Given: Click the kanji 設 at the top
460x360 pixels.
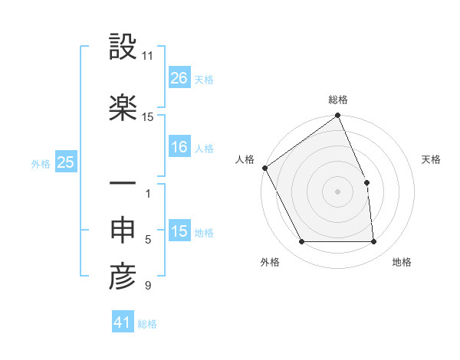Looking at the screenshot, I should click(x=123, y=48).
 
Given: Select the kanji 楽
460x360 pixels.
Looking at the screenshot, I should click(x=123, y=108).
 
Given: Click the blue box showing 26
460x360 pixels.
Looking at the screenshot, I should click(x=179, y=78).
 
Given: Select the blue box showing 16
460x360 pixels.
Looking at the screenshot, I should click(x=179, y=147).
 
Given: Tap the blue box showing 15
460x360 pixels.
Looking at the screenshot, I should click(x=179, y=231).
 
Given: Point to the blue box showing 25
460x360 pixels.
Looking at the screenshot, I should click(x=65, y=162).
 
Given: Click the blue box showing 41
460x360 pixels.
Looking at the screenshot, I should click(x=123, y=322).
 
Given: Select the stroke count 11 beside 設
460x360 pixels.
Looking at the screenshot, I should click(x=148, y=56).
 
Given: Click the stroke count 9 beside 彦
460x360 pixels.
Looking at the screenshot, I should click(x=148, y=286).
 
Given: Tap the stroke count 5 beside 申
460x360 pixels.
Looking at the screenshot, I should click(x=148, y=240).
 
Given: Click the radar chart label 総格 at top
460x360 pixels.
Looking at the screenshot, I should click(x=338, y=100).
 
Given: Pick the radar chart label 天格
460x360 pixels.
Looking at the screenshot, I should click(x=431, y=159).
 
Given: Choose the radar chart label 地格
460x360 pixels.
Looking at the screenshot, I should click(x=402, y=262).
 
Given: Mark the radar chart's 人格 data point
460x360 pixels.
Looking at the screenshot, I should click(x=264, y=168).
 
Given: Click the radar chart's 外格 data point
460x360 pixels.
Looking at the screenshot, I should click(x=302, y=242).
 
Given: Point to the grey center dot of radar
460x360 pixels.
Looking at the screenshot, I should click(x=338, y=191).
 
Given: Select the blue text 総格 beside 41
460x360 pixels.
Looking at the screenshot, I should click(x=147, y=324).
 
